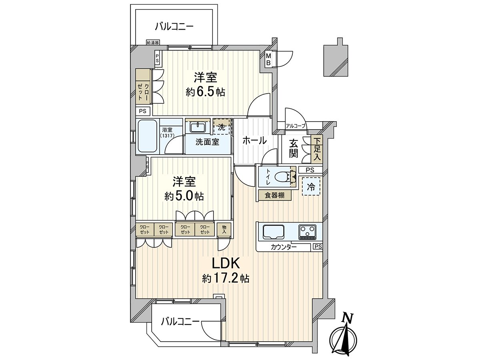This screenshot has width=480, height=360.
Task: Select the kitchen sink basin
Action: [273, 232]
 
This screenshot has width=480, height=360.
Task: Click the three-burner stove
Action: [308, 232]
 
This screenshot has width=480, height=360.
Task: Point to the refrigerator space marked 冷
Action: [311, 186]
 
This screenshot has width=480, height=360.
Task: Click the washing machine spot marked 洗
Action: [222, 126]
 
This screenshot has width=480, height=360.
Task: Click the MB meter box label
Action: [268, 60]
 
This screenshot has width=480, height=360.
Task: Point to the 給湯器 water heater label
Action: [153, 43]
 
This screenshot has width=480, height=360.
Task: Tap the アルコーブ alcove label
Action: [296, 126]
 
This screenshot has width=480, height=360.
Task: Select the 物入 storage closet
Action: [224, 229]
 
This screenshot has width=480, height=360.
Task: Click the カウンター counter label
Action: [284, 247]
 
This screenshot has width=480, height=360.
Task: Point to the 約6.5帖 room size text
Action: [205, 92]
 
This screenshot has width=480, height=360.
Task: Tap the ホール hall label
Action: [254, 140]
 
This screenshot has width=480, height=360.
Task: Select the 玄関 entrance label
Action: [294, 149]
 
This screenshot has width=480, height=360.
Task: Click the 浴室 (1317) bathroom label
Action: [167, 132]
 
